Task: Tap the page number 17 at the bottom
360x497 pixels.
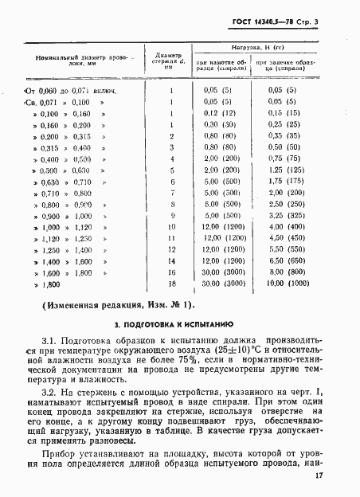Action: click(x=340, y=476)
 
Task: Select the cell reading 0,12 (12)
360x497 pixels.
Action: click(x=217, y=114)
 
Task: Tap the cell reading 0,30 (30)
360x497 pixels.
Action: click(x=217, y=125)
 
